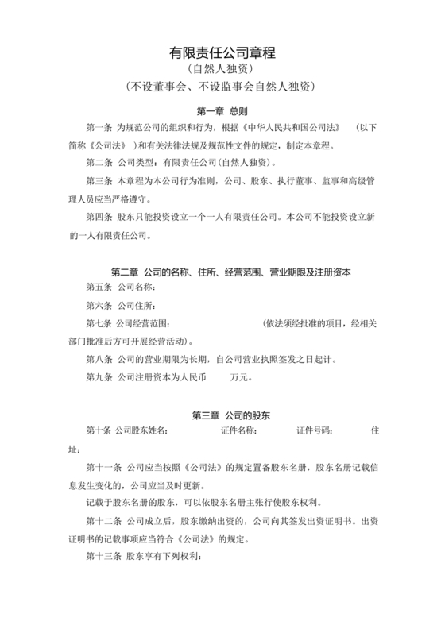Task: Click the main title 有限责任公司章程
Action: [x=222, y=53]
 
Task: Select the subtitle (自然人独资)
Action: [x=222, y=69]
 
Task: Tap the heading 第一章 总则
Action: [x=222, y=110]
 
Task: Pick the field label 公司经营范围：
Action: [x=145, y=323]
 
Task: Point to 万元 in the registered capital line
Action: [x=241, y=376]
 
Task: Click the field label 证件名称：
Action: [x=238, y=431]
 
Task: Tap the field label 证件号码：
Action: [x=314, y=431]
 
